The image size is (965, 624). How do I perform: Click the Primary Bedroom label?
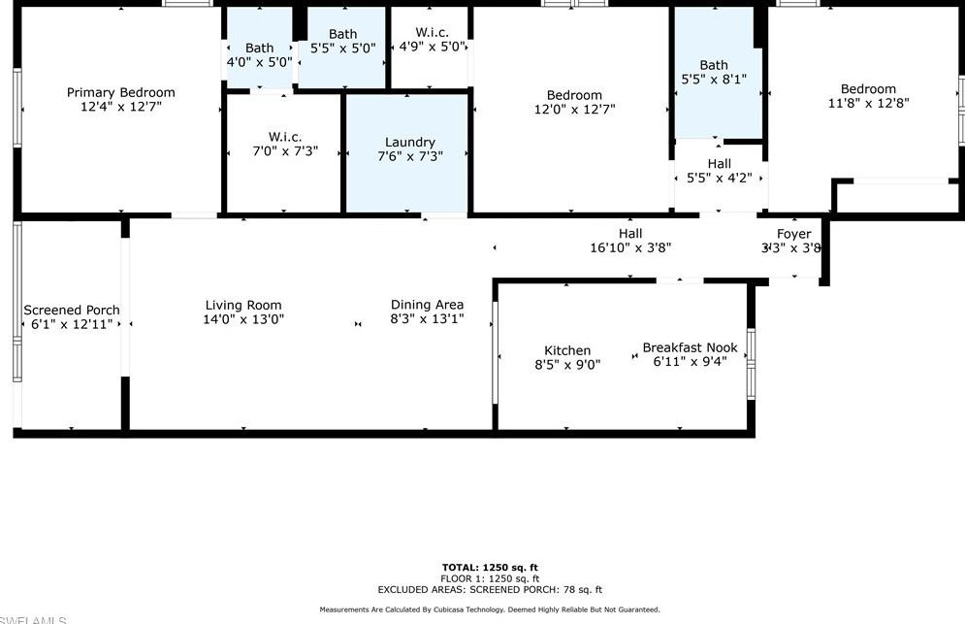pyautogui.click(x=120, y=93)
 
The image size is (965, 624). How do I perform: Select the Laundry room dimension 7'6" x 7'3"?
pyautogui.click(x=409, y=156)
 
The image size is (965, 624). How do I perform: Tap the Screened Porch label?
pyautogui.click(x=72, y=311)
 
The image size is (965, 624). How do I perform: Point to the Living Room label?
pyautogui.click(x=243, y=305)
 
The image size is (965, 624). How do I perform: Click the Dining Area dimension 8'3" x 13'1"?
pyautogui.click(x=427, y=318)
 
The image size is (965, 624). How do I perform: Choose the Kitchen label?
pyautogui.click(x=567, y=350)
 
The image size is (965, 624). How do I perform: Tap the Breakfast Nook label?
pyautogui.click(x=690, y=347)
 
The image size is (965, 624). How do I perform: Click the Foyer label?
pyautogui.click(x=793, y=234)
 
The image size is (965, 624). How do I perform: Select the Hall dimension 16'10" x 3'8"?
pyautogui.click(x=630, y=247)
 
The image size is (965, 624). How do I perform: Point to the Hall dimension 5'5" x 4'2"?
pyautogui.click(x=720, y=178)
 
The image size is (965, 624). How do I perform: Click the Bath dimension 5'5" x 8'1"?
pyautogui.click(x=714, y=80)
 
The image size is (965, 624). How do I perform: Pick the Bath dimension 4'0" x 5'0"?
pyautogui.click(x=259, y=61)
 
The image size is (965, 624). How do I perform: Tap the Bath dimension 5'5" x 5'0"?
pyautogui.click(x=342, y=48)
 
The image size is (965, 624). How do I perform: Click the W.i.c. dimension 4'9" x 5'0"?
pyautogui.click(x=432, y=46)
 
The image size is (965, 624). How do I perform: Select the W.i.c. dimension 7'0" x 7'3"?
pyautogui.click(x=284, y=151)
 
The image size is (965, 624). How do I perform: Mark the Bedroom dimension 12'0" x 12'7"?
pyautogui.click(x=574, y=110)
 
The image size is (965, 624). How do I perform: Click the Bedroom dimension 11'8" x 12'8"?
pyautogui.click(x=868, y=103)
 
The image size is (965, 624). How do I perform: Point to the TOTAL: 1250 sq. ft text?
pyautogui.click(x=490, y=568)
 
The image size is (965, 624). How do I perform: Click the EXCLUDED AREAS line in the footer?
pyautogui.click(x=490, y=589)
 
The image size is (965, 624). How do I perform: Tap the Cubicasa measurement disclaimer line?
pyautogui.click(x=490, y=609)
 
